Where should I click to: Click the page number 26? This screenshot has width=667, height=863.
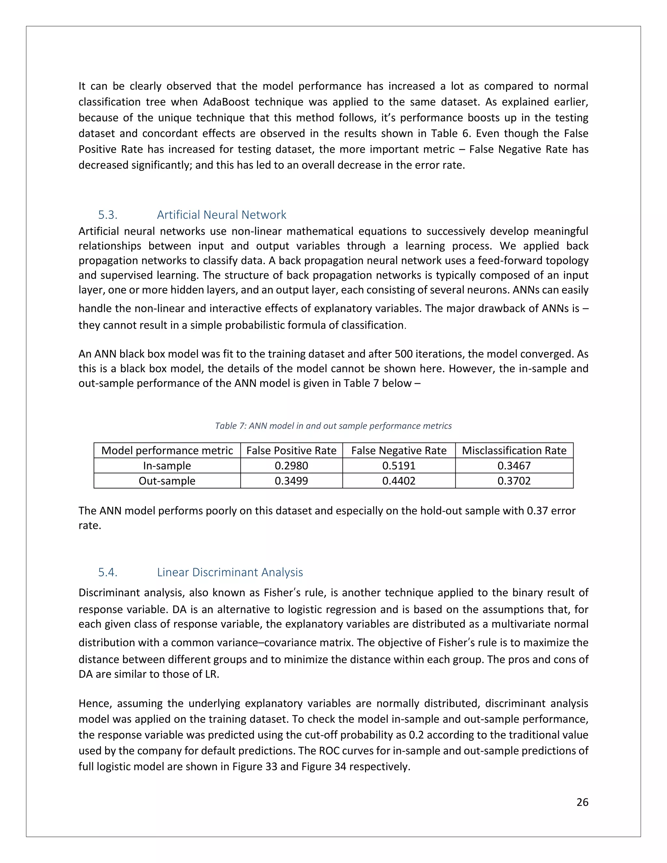pos(582,802)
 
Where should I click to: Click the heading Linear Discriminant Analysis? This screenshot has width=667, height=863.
pos(230,572)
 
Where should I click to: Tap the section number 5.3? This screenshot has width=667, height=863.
pos(107,215)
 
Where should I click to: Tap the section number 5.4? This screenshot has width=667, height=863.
pos(107,572)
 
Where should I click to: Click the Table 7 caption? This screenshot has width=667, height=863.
pos(333,426)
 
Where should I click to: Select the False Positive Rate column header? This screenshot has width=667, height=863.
pos(291,450)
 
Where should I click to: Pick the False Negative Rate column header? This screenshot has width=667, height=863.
pos(399,450)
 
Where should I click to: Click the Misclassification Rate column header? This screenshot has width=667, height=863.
pos(514,450)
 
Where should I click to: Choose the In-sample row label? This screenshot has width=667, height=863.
pos(167,465)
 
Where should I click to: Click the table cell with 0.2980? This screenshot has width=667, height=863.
pos(291,465)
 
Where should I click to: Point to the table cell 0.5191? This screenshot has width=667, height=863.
pos(399,465)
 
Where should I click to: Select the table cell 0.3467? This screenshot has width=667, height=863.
pos(514,465)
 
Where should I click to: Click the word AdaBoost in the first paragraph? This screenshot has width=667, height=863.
pos(226,102)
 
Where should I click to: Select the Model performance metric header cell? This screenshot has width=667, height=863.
pos(167,450)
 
